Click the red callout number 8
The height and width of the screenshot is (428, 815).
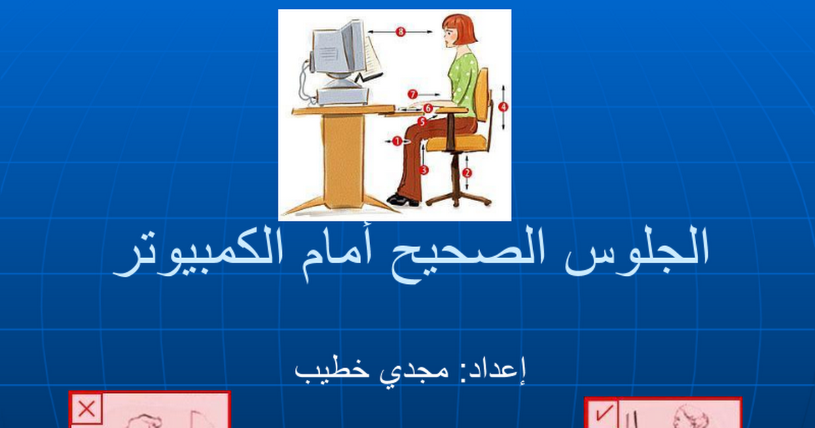tap(400, 32)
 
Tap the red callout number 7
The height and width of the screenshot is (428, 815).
tap(412, 94)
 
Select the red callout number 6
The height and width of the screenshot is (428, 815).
tap(428, 108)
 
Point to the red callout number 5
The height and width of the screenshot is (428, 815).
tap(422, 122)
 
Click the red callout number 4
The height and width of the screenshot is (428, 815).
tap(503, 107)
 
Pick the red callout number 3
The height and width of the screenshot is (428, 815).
tap(424, 170)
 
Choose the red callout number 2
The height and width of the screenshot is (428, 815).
tap(467, 173)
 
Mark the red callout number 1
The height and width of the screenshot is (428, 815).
tap(397, 141)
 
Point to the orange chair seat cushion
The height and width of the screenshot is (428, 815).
tap(456, 142)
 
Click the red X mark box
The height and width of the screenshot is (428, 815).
tap(87, 409)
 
